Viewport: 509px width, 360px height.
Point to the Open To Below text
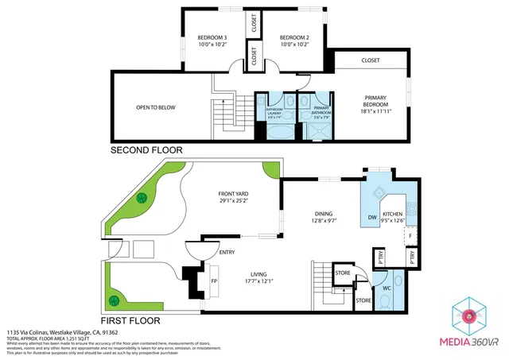(x=156, y=107)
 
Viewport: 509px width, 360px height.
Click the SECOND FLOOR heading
(x=146, y=149)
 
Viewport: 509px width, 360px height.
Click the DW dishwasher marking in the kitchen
(x=371, y=217)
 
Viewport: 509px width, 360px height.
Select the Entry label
(x=227, y=252)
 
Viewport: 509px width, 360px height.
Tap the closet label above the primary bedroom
(x=371, y=60)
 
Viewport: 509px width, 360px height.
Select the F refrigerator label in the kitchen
(x=410, y=237)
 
